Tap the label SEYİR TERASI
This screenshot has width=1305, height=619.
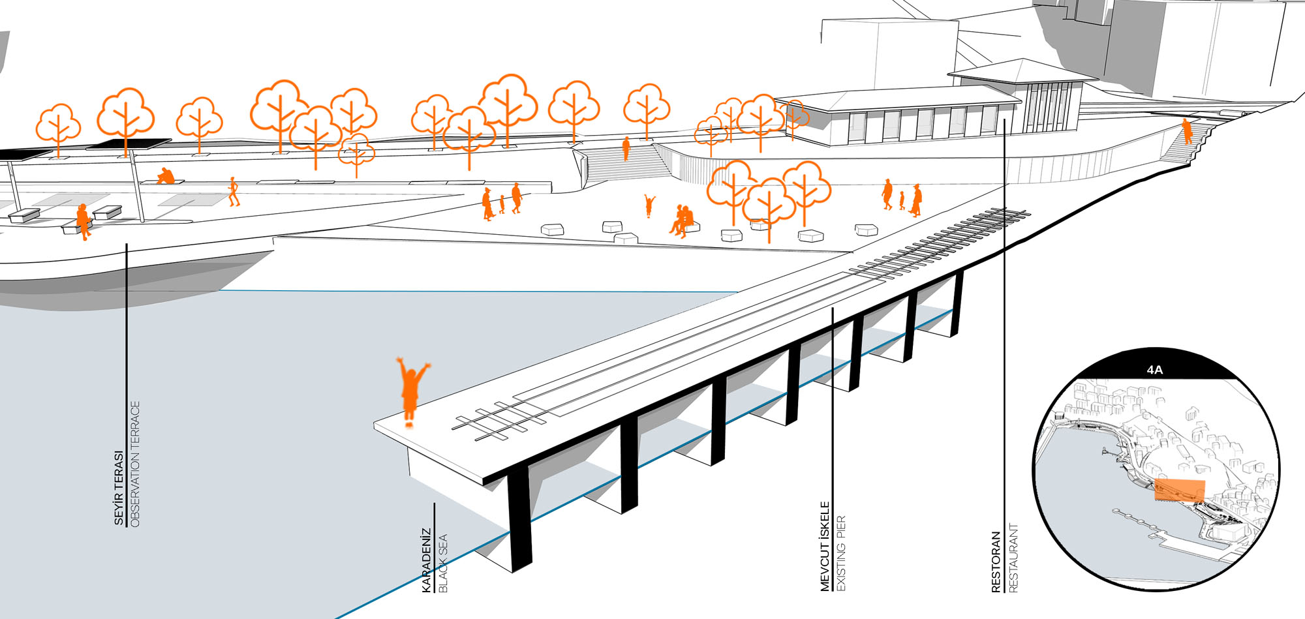pyautogui.click(x=119, y=487)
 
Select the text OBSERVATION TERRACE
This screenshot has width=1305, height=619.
pyautogui.click(x=135, y=464)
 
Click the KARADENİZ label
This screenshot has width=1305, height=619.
pyautogui.click(x=427, y=560)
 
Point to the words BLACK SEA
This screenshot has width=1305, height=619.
pyautogui.click(x=443, y=563)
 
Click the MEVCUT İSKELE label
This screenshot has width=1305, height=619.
pyautogui.click(x=825, y=546)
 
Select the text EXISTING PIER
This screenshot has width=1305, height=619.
pyautogui.click(x=841, y=553)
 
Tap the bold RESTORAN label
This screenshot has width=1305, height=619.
pyautogui.click(x=996, y=562)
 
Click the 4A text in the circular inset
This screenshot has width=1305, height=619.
pyautogui.click(x=1154, y=370)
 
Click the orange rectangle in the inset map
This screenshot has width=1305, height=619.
pyautogui.click(x=1180, y=490)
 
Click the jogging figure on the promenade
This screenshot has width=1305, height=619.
pyautogui.click(x=234, y=192)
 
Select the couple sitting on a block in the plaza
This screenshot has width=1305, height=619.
pyautogui.click(x=682, y=220)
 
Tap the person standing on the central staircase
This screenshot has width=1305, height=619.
pyautogui.click(x=626, y=149)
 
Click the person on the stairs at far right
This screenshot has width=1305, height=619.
pyautogui.click(x=1187, y=132)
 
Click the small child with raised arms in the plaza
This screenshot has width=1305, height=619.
pyautogui.click(x=649, y=205)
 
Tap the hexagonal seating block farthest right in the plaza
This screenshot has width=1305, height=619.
pyautogui.click(x=867, y=230)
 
